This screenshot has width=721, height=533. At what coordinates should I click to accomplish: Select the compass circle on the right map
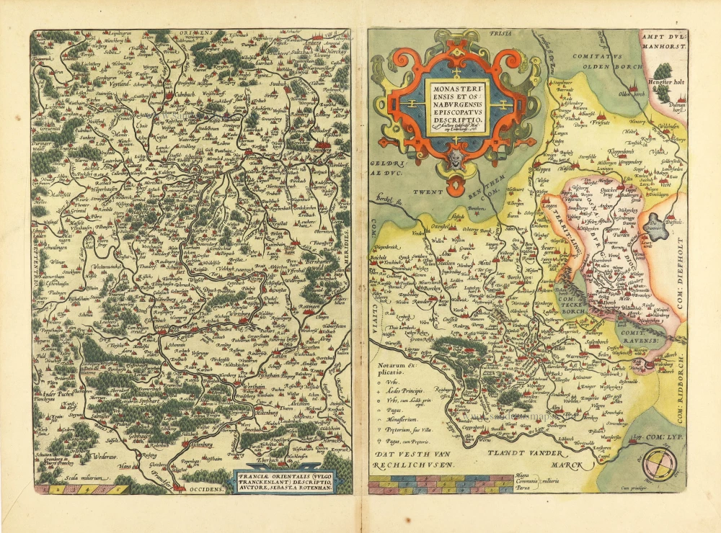[660, 465]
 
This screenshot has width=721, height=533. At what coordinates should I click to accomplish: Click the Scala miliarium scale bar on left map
[81, 489]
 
